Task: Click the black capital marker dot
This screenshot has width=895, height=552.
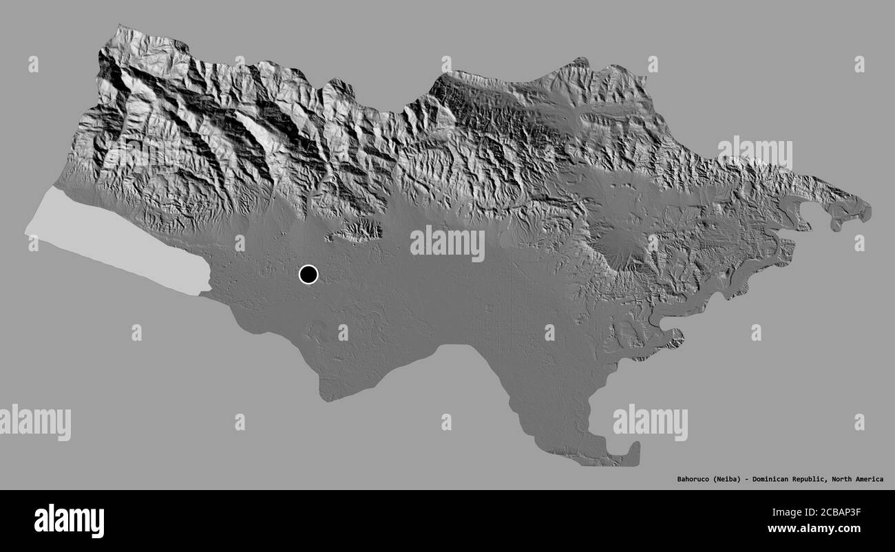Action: click(x=308, y=275)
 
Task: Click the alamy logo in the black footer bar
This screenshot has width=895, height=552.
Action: click(x=69, y=521)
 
